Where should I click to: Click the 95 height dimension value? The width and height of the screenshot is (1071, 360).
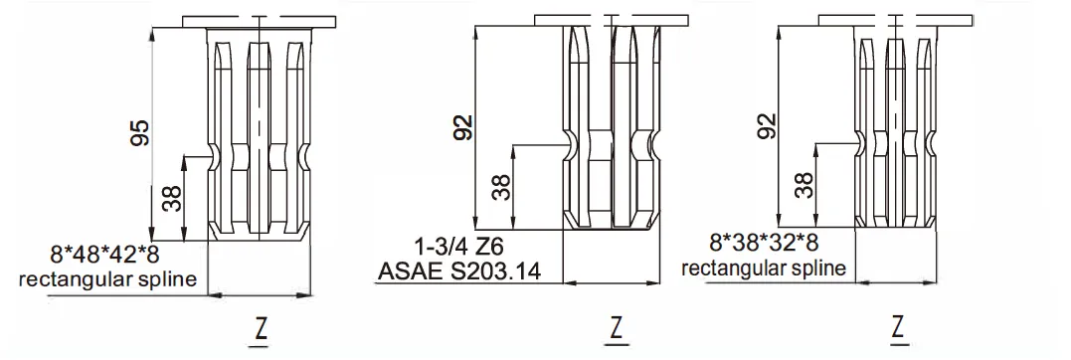pos(140,132)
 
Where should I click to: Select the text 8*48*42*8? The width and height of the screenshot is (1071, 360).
pos(104,256)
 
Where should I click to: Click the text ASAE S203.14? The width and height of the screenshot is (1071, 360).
pos(459,271)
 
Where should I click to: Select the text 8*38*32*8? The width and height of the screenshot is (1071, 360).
pos(765,242)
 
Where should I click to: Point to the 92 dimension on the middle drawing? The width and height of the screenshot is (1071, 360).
pos(463,127)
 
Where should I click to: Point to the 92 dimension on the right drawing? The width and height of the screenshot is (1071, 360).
pos(767,125)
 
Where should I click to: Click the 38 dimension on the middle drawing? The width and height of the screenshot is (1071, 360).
pos(502,186)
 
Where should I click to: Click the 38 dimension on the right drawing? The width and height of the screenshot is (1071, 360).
pos(805,184)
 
